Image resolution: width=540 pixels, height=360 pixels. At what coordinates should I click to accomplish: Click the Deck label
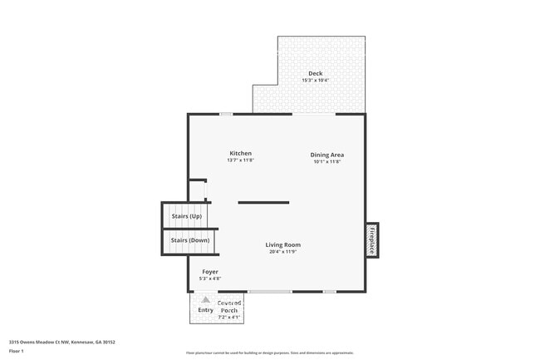(315, 73)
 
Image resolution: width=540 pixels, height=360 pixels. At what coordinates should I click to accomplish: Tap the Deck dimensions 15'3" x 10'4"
(315, 81)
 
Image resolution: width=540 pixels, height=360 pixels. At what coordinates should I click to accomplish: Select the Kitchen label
(240, 153)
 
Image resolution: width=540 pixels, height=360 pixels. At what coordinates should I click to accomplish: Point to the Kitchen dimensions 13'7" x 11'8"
(240, 160)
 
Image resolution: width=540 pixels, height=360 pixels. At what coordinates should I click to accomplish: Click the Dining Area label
(327, 155)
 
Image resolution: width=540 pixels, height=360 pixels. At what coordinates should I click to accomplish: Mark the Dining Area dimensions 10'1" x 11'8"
(327, 161)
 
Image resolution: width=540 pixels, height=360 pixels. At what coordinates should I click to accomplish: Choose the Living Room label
(282, 244)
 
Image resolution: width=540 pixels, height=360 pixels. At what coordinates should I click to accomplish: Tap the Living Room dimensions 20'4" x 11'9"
(282, 252)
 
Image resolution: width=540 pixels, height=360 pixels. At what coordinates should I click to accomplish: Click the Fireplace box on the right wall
(372, 239)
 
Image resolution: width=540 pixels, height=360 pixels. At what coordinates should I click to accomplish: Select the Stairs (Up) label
(186, 216)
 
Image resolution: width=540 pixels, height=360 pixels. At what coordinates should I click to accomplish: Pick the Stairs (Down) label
(189, 240)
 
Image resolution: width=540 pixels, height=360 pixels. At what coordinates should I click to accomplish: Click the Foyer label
(210, 271)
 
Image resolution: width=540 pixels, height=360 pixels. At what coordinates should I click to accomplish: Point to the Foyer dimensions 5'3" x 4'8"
(210, 279)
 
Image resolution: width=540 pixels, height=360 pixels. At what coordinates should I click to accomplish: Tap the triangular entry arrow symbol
(205, 299)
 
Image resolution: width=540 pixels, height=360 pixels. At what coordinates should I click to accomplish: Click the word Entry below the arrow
(205, 310)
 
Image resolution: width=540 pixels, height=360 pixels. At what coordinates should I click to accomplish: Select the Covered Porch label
(229, 307)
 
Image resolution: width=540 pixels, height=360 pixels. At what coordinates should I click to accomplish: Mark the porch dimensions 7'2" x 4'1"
(229, 317)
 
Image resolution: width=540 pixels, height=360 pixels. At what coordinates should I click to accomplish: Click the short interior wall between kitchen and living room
(263, 202)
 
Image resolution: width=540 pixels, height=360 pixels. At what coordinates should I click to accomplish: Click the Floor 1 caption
(16, 351)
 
